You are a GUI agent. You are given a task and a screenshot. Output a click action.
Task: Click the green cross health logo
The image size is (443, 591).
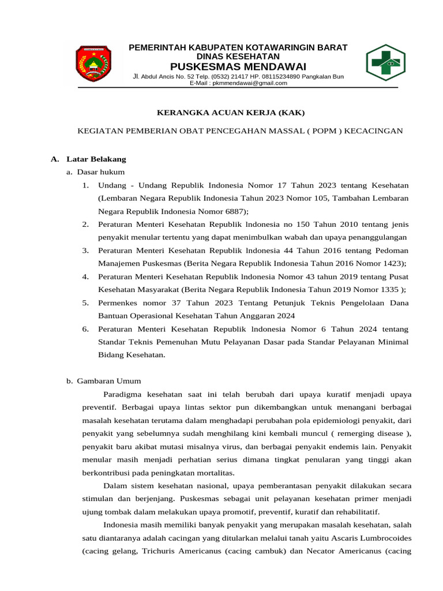tap(386, 63)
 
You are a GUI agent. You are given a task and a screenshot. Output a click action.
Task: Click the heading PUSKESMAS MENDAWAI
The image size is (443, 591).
tap(238, 66)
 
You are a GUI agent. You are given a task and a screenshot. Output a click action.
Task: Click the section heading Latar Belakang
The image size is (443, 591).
tap(96, 159)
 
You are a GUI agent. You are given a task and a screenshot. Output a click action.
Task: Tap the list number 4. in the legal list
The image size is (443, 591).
tap(85, 276)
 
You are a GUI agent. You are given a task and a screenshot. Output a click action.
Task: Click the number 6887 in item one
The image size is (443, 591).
tap(233, 211)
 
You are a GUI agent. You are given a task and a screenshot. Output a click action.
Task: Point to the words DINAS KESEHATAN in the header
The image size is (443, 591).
tap(238, 57)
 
